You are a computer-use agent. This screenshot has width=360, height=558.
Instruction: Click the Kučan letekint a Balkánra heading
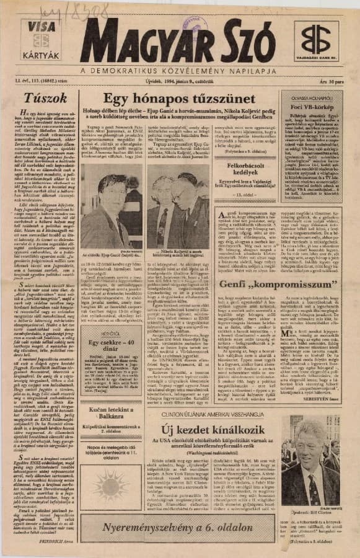coord(109,409)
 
